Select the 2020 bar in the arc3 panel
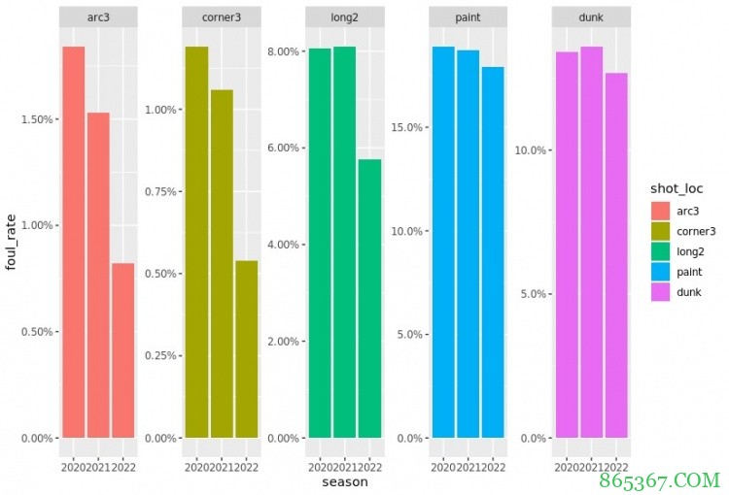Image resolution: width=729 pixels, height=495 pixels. tap(73, 242)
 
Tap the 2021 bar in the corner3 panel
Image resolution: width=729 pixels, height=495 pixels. tap(222, 263)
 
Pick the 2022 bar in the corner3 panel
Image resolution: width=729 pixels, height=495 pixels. tap(247, 348)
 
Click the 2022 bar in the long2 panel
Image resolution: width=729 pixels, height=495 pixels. tap(369, 298)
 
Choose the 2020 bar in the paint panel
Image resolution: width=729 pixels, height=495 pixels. tap(443, 242)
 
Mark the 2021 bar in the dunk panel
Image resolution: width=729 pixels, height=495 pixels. tap(592, 242)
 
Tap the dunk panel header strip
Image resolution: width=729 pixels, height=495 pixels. tap(592, 18)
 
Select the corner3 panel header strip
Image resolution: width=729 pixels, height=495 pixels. tap(222, 18)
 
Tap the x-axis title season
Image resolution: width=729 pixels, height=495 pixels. tap(345, 482)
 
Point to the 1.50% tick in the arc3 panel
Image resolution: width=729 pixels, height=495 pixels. tap(35, 119)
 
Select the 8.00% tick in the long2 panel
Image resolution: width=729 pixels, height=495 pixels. tap(283, 51)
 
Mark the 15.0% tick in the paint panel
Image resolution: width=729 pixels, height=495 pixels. tap(406, 127)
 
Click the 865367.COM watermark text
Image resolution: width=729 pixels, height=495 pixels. tap(661, 478)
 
